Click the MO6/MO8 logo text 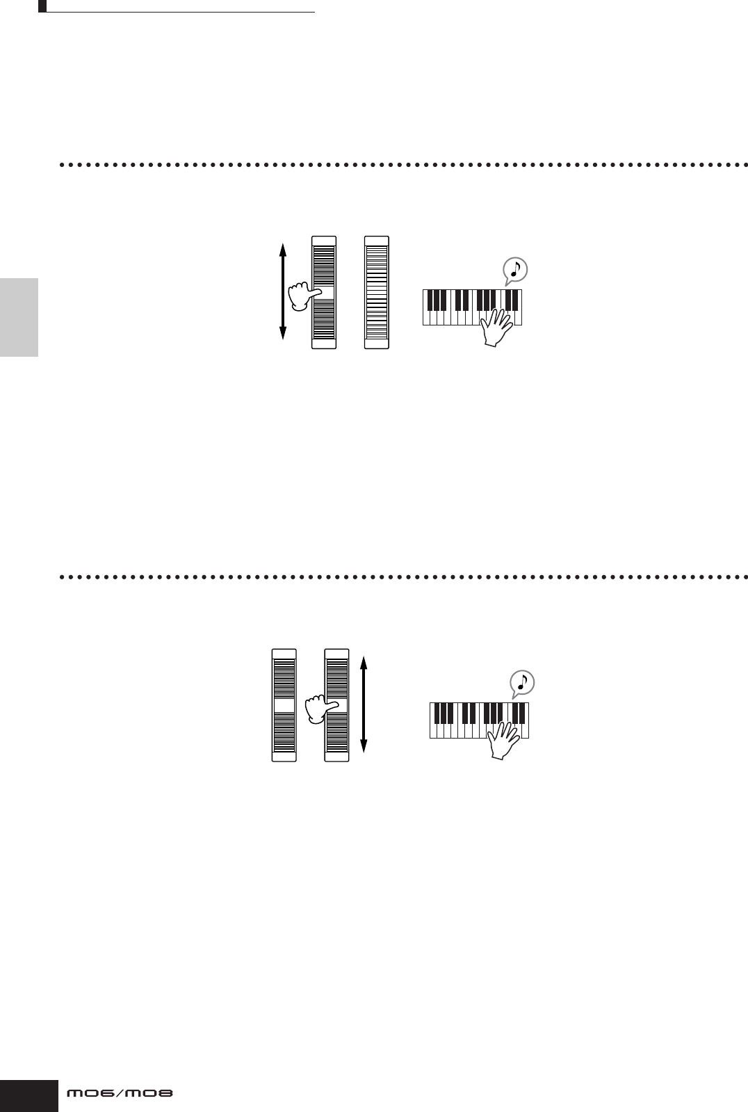(119, 1094)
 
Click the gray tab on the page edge (19, 317)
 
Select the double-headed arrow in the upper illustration (282, 292)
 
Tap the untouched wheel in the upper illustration (377, 292)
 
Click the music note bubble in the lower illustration (521, 683)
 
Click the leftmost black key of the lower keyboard (439, 713)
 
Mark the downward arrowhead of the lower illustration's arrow (364, 748)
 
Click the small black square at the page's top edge (42, 6)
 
